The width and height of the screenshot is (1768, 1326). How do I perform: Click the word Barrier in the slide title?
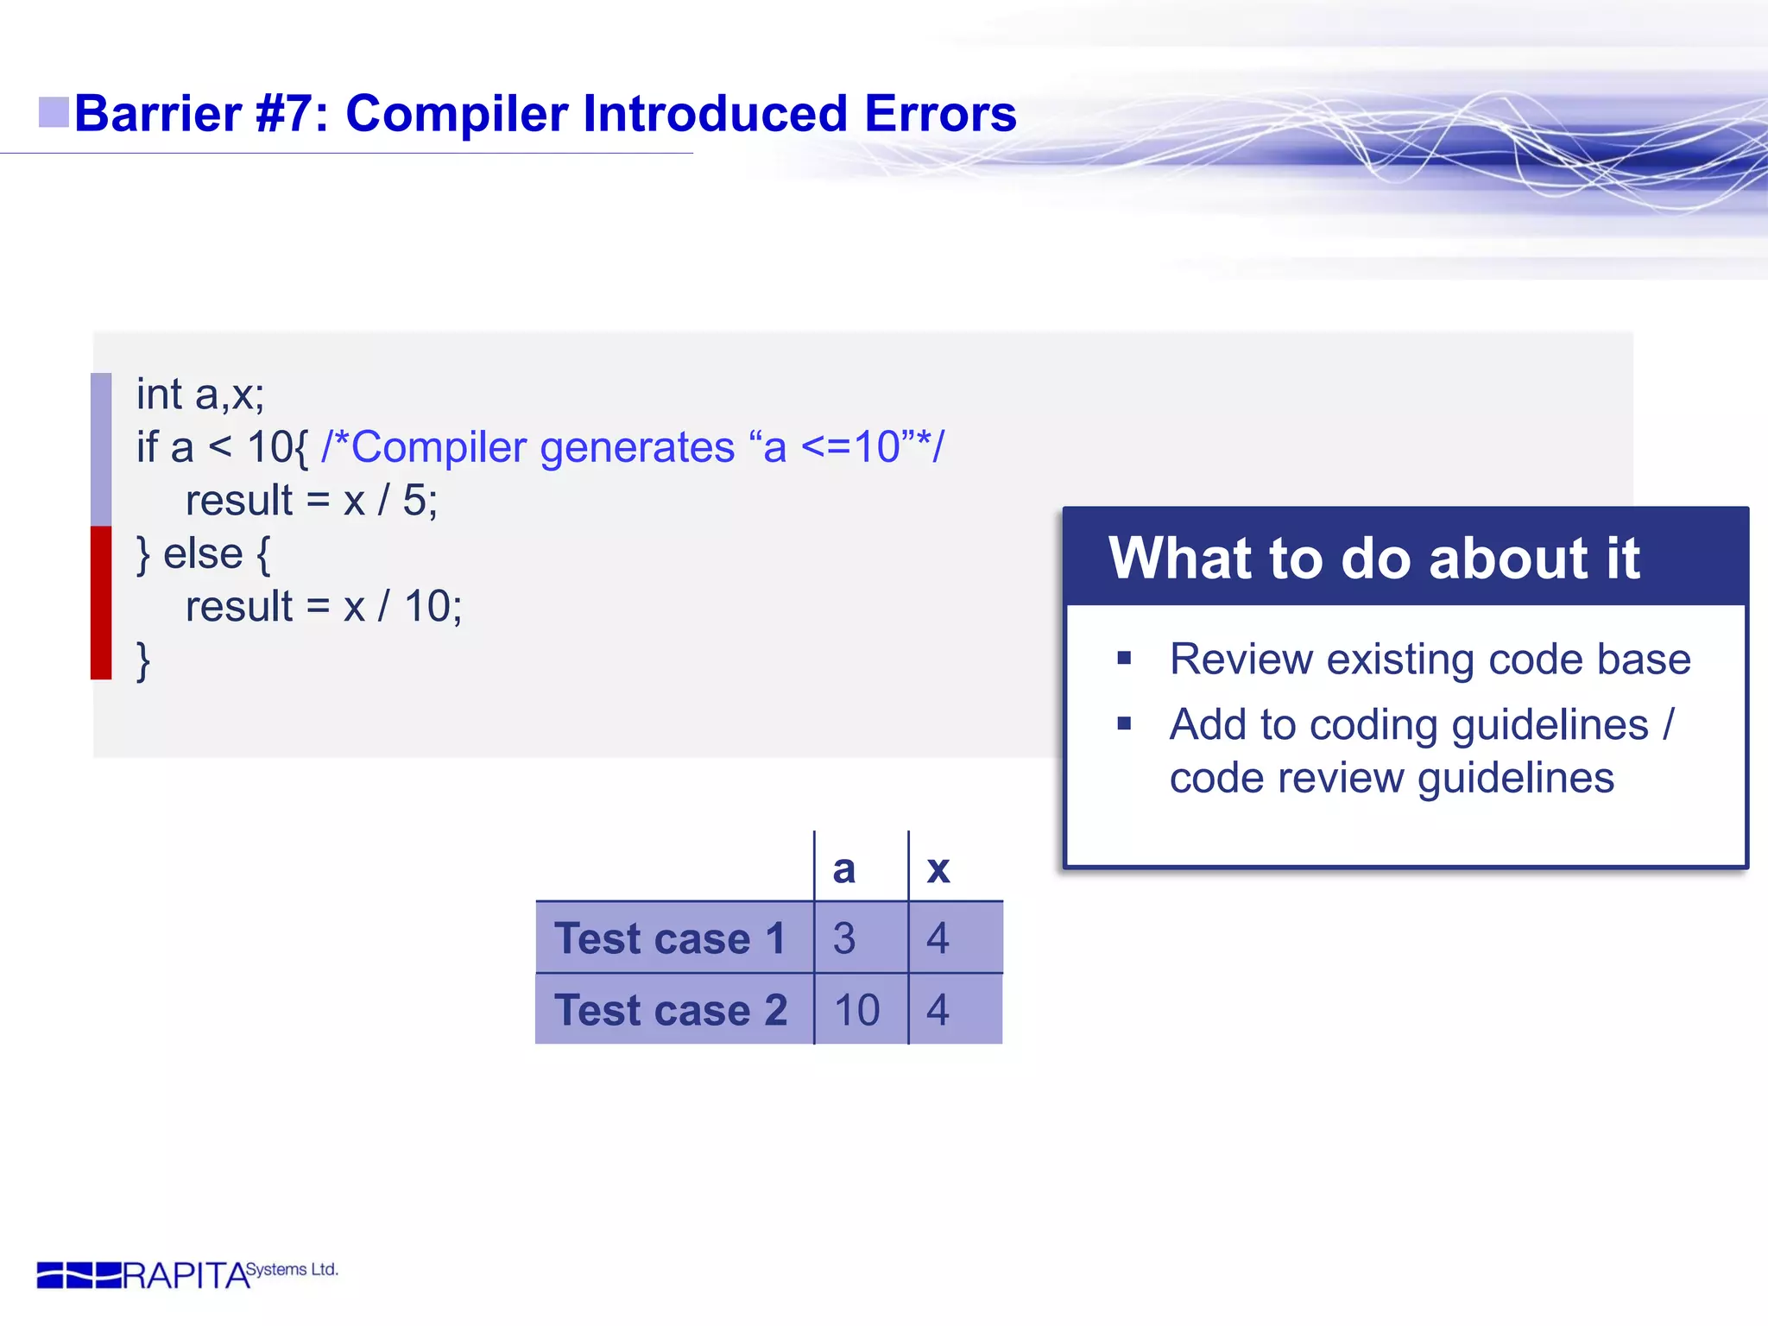pos(158,114)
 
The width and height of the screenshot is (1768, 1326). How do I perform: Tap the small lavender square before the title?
pos(54,112)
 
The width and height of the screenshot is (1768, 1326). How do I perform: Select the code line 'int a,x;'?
pos(200,395)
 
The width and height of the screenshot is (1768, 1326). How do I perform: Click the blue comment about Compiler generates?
pos(632,448)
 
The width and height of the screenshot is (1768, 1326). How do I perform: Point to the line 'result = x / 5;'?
pos(312,501)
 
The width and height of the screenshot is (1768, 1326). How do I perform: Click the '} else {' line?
pos(204,554)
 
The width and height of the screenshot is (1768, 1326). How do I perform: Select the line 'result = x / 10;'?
pos(324,607)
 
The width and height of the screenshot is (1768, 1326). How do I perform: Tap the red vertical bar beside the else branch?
pos(101,603)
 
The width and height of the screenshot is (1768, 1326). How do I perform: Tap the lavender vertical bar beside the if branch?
pos(101,449)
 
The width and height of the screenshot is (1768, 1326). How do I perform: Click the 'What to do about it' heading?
pos(1373,559)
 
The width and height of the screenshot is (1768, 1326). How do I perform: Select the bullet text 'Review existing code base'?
pos(1430,660)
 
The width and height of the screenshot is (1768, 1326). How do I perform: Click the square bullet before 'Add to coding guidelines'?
pos(1124,724)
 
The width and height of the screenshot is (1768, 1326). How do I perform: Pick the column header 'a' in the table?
pos(843,868)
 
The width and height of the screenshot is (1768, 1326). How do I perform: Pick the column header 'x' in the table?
pos(938,868)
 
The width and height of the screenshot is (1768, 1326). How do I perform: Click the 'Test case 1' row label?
pos(671,938)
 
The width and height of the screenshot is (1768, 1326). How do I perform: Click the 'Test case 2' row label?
pos(671,1010)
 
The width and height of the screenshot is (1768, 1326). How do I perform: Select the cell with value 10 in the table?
pos(856,1010)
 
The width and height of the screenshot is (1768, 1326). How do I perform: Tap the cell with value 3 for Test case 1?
pos(844,938)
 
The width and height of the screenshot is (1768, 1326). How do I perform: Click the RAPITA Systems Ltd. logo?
pos(186,1274)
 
